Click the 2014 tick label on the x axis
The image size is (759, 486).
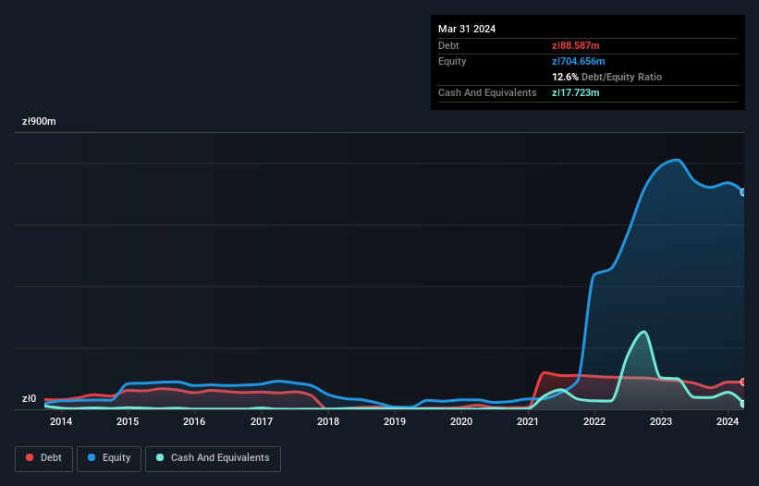tap(61, 422)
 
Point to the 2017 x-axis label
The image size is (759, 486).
tap(262, 422)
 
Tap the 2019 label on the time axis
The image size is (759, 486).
tap(395, 422)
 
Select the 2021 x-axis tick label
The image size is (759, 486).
tap(528, 422)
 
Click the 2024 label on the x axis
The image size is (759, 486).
tap(728, 422)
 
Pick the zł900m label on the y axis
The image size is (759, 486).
tap(40, 121)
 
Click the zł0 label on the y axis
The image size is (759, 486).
tap(29, 399)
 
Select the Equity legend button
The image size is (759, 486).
tap(109, 457)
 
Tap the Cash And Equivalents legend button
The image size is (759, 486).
tap(213, 457)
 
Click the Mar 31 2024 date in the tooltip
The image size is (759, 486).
tap(467, 29)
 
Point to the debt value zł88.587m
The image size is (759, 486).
tap(577, 45)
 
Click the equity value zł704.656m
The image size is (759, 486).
tap(580, 61)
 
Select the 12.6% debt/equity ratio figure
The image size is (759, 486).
tap(565, 77)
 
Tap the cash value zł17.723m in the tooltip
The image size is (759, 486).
tap(577, 92)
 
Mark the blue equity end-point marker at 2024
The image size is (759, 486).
tap(743, 192)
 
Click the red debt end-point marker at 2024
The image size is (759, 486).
tap(743, 382)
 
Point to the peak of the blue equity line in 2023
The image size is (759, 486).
tap(677, 160)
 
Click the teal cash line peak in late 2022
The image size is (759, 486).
tap(643, 332)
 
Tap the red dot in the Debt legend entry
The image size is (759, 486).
tap(30, 457)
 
